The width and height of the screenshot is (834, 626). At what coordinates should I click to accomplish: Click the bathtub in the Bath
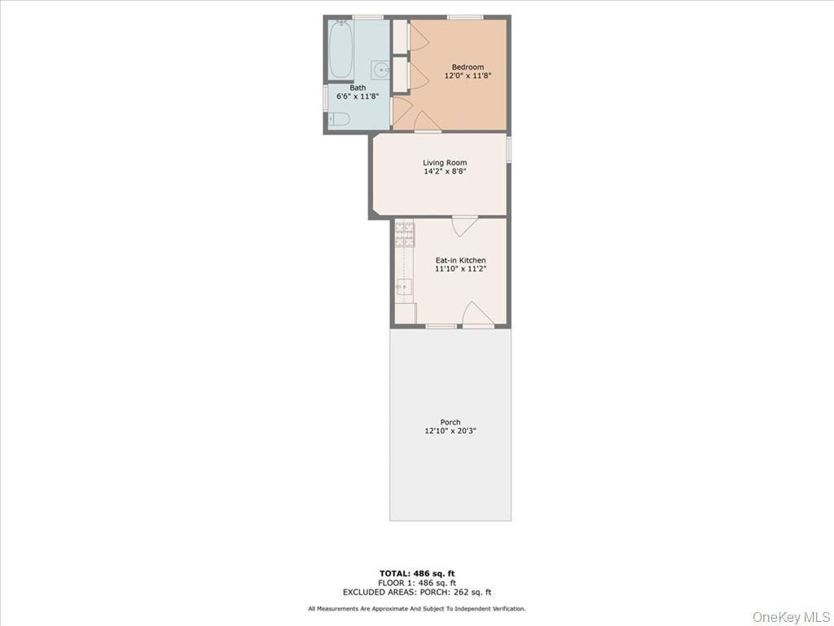(341, 49)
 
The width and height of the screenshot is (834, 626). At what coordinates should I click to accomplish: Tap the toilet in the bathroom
(339, 120)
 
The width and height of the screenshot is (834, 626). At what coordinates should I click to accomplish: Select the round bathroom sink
(380, 69)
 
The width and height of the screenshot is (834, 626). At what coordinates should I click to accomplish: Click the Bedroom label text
(467, 67)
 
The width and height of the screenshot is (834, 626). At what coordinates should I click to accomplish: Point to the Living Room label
(445, 163)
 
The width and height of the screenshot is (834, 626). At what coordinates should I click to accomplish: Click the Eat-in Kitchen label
(460, 261)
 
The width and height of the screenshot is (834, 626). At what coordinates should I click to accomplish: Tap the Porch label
(450, 422)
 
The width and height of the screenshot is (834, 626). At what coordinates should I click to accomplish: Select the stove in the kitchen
(405, 235)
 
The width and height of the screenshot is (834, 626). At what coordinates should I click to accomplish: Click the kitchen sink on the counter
(404, 287)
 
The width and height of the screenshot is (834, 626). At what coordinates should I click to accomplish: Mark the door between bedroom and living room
(427, 121)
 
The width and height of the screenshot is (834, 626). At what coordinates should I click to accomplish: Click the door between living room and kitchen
(465, 225)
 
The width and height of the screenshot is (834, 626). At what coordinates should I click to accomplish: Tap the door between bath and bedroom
(402, 111)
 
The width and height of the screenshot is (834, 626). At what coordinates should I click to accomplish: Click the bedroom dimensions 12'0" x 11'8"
(467, 76)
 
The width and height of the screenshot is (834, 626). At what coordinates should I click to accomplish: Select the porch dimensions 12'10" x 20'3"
(450, 431)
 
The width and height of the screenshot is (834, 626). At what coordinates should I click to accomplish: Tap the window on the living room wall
(509, 150)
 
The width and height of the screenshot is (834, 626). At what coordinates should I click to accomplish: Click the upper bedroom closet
(400, 36)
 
